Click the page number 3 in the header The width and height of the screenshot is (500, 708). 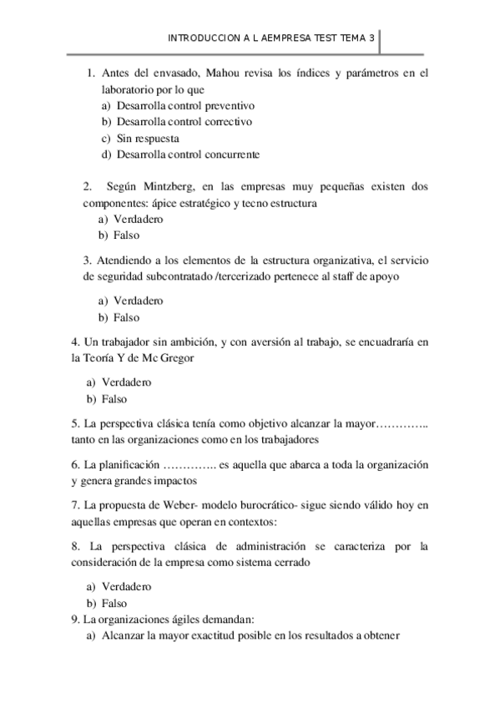[371, 38]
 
